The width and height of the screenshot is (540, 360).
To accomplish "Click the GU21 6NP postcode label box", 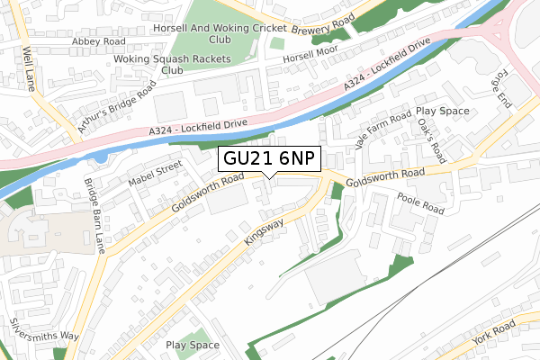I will [x=268, y=160].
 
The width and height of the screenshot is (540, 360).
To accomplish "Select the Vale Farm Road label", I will [x=383, y=129].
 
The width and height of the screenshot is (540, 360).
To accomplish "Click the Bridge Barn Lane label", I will [x=95, y=215].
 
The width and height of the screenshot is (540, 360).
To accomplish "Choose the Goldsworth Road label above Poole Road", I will [x=384, y=177].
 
